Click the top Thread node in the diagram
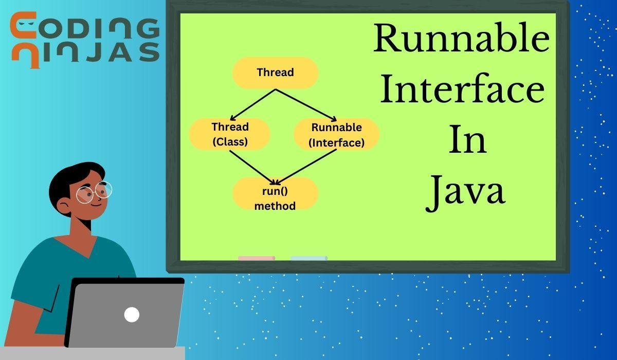tap(275, 73)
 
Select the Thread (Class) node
tap(230, 134)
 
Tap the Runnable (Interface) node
tap(336, 135)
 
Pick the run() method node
tap(275, 194)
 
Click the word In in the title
tap(467, 140)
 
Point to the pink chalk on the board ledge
tap(256, 258)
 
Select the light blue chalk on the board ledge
tap(308, 258)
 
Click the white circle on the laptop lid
tap(132, 314)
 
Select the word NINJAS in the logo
tap(85, 52)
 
